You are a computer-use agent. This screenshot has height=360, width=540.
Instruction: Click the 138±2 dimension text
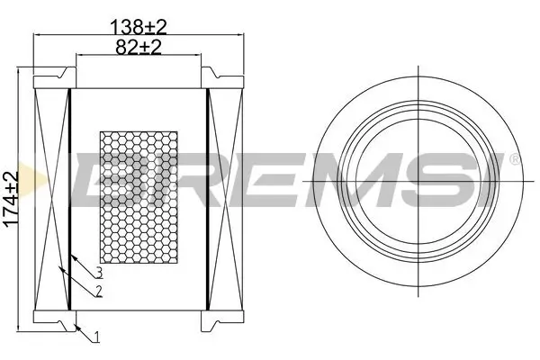tap(138, 27)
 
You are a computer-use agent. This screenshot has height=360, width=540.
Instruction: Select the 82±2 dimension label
tap(138, 47)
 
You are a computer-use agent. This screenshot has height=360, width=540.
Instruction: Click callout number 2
tap(97, 290)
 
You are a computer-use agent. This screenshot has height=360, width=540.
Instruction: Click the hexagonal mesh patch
tap(139, 199)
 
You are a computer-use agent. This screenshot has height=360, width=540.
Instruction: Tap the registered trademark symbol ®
tap(514, 160)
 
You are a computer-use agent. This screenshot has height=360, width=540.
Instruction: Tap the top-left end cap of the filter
tap(52, 78)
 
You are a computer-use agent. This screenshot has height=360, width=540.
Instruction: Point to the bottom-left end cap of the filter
tap(52, 319)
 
